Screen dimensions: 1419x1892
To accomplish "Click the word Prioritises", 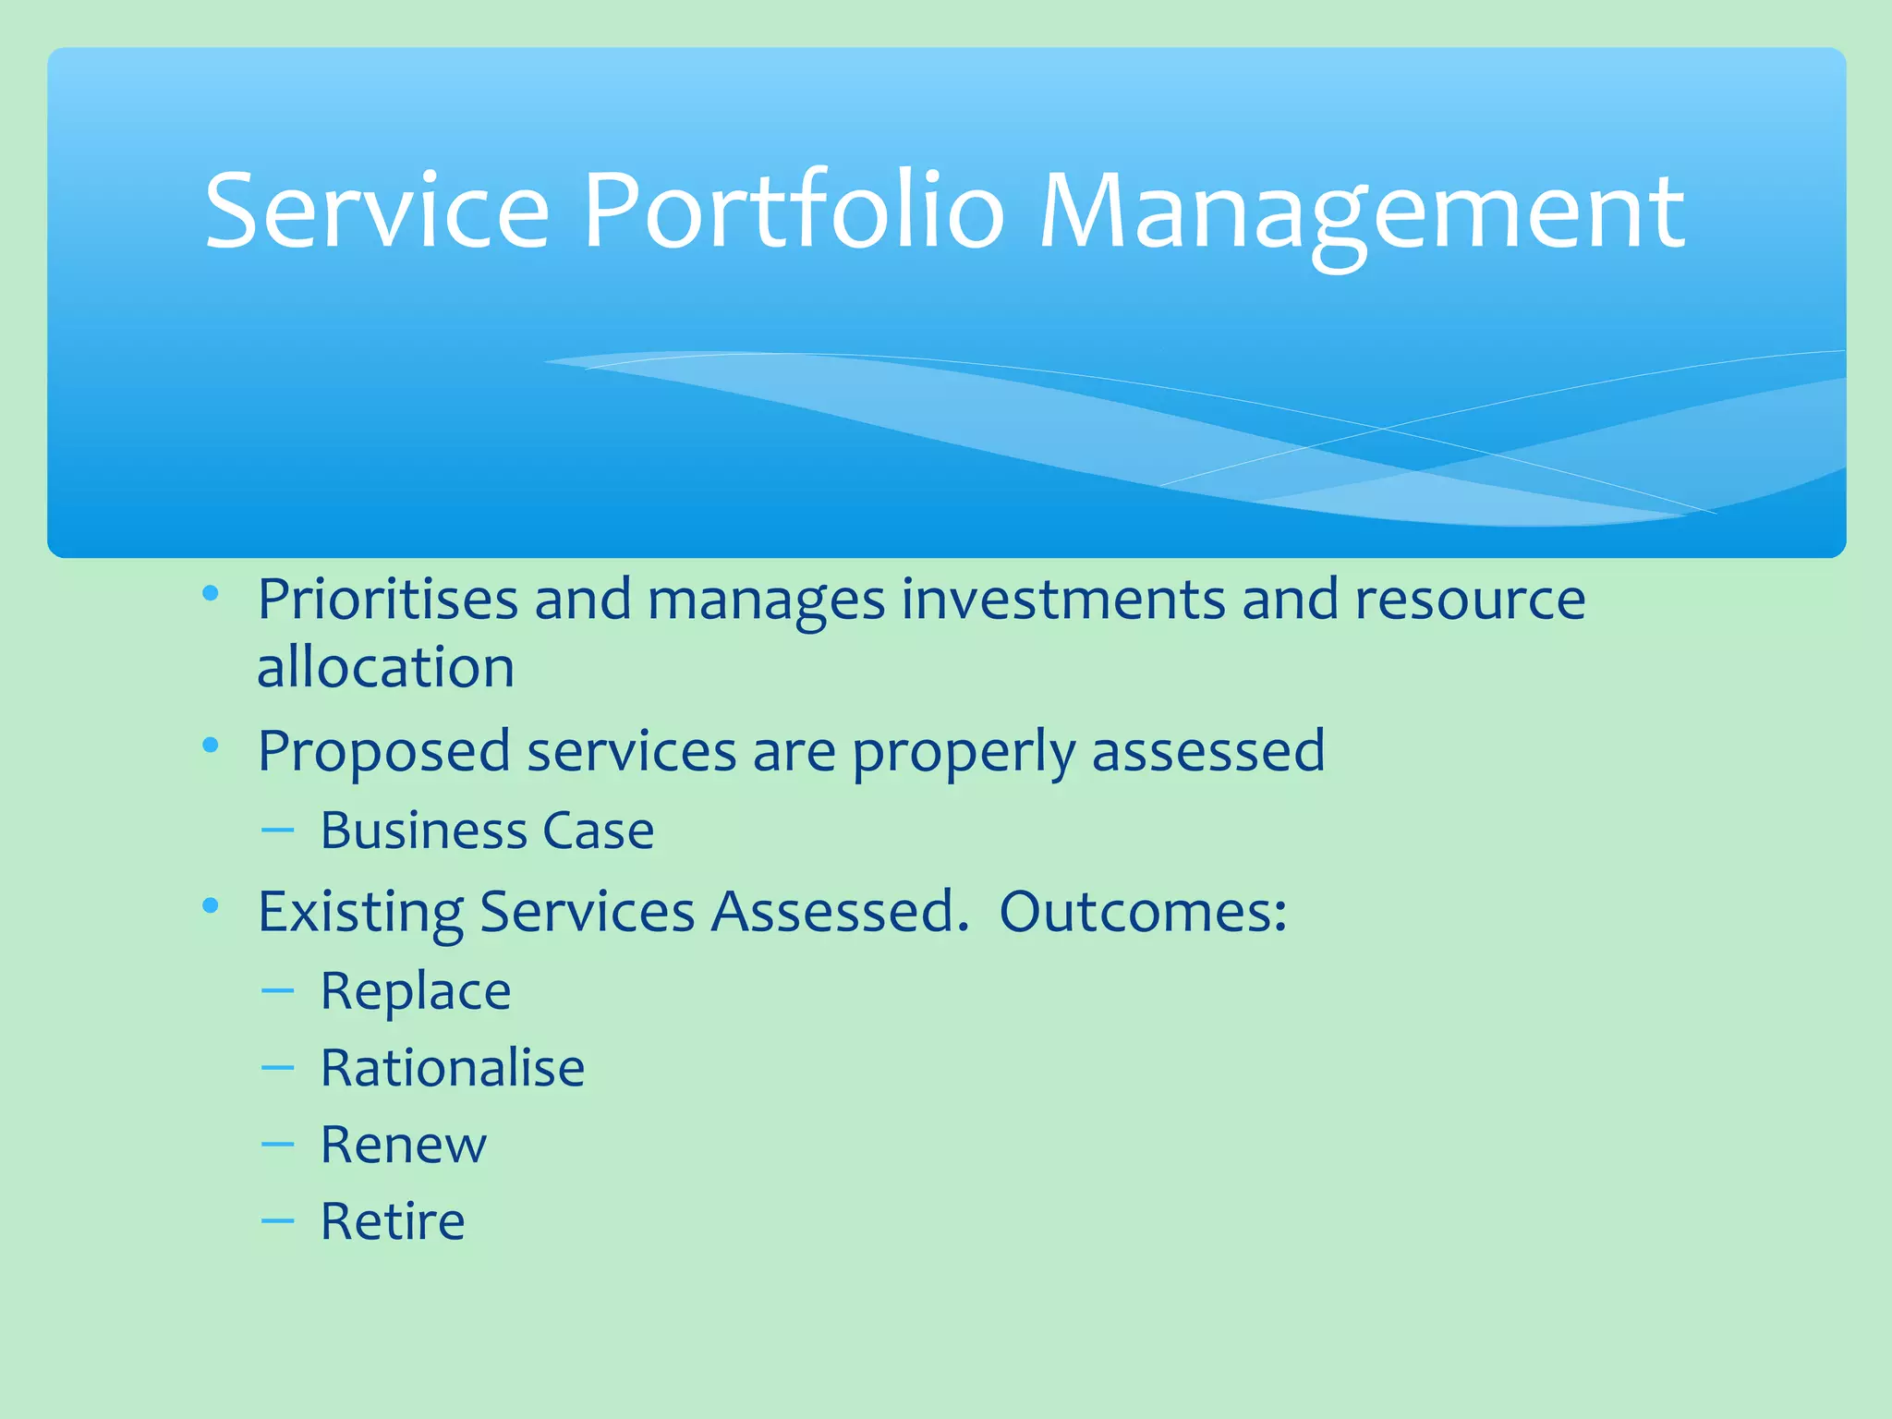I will coord(387,600).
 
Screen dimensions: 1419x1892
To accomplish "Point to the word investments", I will coord(1063,600).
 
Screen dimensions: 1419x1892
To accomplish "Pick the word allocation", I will coord(385,668).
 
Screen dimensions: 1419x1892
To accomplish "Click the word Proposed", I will coord(383,752).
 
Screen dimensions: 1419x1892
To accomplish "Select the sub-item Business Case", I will coord(487,831).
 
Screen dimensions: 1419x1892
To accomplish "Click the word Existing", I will coord(359,914).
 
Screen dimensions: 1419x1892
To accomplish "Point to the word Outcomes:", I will coord(1143,912).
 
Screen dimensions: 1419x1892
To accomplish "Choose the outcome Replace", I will coord(415,992).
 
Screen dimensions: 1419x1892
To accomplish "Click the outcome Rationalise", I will coord(452,1069).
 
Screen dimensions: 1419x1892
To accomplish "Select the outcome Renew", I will coord(403,1146).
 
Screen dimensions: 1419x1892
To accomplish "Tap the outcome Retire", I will coord(393,1222).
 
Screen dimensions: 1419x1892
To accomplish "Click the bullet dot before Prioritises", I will coord(211,593).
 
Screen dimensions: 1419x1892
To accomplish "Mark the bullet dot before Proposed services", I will coord(211,745).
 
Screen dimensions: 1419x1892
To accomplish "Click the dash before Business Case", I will coord(277,831).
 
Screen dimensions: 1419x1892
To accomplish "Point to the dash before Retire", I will coord(277,1222).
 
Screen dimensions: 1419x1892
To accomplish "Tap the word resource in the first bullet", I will coord(1470,600).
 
